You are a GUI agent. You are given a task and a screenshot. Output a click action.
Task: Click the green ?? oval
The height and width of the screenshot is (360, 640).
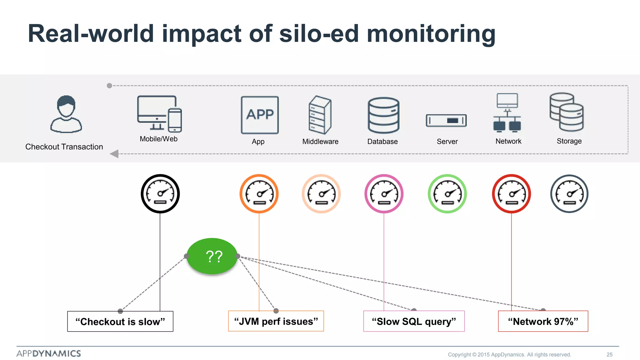212,256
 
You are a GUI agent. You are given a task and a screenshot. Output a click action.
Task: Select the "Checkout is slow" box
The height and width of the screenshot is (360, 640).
120,322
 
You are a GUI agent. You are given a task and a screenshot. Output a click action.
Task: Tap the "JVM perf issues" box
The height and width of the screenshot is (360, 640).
276,321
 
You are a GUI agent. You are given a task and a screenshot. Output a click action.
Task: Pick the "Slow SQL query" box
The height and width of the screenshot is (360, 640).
414,321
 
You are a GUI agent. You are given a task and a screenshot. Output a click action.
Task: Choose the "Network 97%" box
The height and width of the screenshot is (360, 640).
543,321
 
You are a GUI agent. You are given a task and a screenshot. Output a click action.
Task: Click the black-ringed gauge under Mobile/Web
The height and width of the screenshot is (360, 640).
160,194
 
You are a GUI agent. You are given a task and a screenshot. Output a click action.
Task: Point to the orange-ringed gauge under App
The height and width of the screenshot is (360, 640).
259,194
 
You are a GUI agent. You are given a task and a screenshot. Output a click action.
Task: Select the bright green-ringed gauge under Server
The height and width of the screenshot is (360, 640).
447,194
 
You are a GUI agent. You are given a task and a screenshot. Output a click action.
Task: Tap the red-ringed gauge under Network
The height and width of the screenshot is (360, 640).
511,194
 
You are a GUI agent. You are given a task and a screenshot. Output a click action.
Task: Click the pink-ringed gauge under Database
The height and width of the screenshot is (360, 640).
384,194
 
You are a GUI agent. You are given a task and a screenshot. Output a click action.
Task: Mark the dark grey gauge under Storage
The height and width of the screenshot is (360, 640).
569,194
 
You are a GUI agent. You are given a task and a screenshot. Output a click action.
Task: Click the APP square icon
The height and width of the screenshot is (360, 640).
260,115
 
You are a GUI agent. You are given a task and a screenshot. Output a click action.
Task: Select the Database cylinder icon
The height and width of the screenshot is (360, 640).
383,115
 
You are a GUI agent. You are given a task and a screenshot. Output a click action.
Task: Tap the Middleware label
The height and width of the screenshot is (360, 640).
320,142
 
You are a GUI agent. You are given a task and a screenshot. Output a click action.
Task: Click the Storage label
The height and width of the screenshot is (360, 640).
569,141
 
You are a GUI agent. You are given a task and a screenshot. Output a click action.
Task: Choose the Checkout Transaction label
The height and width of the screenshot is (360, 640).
64,147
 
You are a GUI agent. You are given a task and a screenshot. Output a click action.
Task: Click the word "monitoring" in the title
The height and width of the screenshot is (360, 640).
431,34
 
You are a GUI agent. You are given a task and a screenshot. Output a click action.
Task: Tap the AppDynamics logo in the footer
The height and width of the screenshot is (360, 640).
49,354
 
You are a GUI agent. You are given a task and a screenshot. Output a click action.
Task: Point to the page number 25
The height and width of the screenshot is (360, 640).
609,355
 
